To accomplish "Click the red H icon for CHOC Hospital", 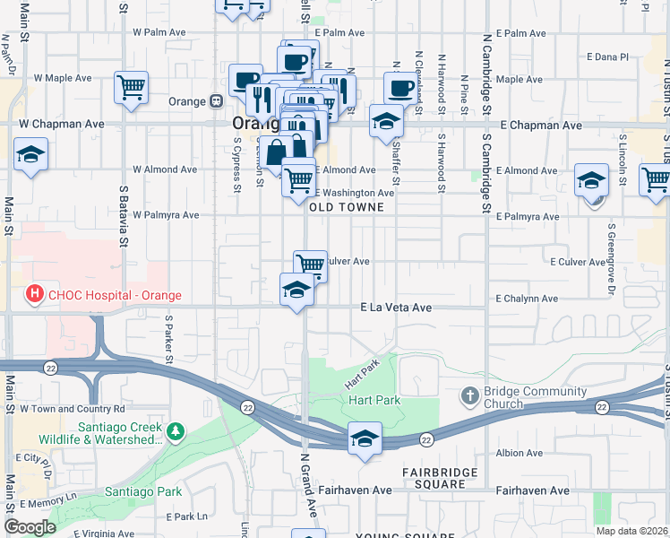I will coord(34,293).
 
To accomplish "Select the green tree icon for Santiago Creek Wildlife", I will coord(176,432).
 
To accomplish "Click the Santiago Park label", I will coord(142,491).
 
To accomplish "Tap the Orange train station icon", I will coord(216,101).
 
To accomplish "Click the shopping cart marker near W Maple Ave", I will coord(131,88).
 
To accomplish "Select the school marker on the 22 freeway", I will coord(364,438).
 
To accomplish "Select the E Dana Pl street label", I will coord(612,56).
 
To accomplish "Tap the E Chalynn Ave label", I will coord(528,299).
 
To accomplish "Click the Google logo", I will coord(30,527).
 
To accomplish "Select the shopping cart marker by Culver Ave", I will coord(310,264).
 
